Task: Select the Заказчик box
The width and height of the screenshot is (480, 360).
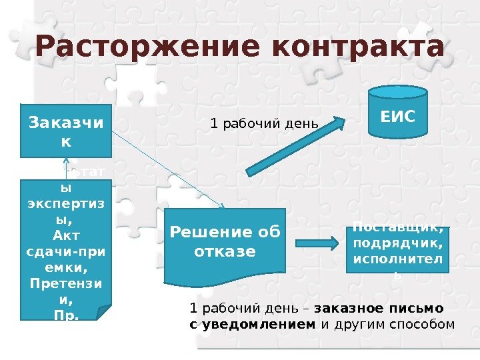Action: tap(66, 131)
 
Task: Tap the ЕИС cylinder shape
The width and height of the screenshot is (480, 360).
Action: tap(397, 117)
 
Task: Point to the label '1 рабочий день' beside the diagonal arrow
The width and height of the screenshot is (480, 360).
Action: tap(265, 124)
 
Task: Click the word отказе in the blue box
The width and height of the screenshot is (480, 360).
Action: tap(225, 252)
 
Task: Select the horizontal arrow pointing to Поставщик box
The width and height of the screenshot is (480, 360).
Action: tap(317, 243)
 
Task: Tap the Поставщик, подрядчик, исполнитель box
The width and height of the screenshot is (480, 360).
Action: tap(399, 250)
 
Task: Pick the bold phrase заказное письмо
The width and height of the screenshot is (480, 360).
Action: tap(378, 309)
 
